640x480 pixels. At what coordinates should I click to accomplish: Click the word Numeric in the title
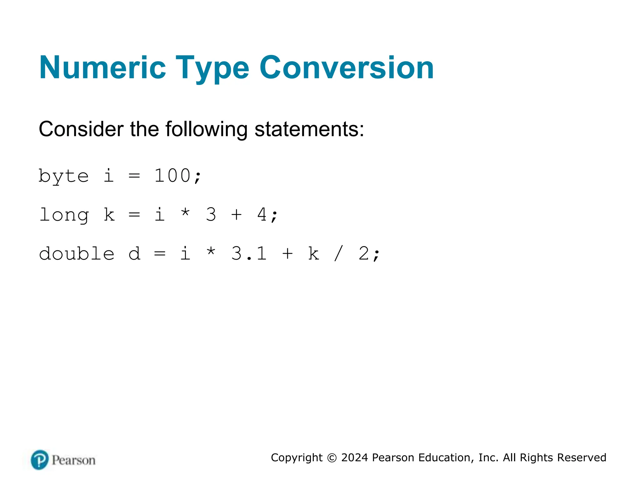tap(102, 67)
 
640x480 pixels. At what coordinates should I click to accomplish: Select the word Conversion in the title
tap(347, 67)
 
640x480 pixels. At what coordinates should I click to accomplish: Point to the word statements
tap(309, 129)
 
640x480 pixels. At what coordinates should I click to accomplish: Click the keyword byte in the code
tap(64, 176)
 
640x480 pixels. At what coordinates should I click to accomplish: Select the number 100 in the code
tap(172, 176)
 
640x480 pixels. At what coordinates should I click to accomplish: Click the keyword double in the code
tap(77, 254)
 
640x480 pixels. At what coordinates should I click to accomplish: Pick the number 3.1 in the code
tap(249, 254)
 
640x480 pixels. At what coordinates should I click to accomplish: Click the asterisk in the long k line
tap(185, 213)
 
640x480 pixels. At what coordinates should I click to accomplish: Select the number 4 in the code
tap(262, 215)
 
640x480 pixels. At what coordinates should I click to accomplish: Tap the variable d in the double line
tap(134, 254)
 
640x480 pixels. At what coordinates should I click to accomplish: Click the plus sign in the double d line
tap(287, 254)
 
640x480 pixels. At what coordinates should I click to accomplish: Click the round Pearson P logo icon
tap(40, 460)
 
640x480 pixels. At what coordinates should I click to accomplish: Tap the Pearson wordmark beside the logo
tap(74, 460)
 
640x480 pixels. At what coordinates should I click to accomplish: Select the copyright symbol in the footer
tap(332, 458)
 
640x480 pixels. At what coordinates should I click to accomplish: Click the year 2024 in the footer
tap(355, 458)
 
